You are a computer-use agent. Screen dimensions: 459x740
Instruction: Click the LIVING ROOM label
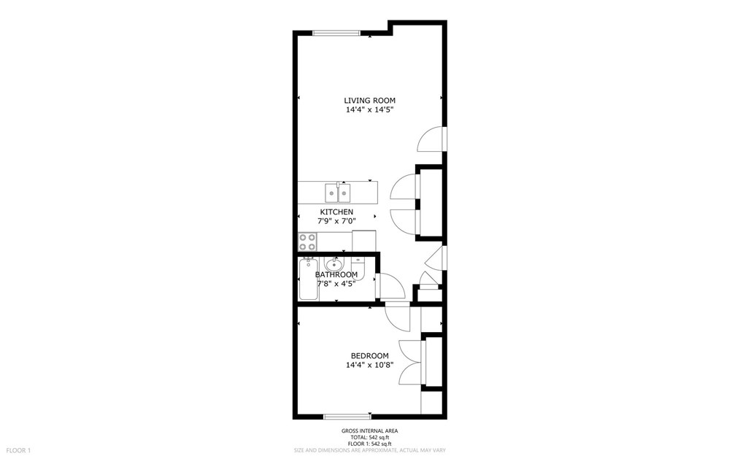[369, 101]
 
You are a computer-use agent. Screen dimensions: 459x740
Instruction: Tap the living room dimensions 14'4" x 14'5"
[369, 110]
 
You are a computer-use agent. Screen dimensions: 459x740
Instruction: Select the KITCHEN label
[336, 212]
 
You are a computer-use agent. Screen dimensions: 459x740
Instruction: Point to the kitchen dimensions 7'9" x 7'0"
[336, 221]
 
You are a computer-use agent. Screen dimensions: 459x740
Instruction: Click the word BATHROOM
[336, 274]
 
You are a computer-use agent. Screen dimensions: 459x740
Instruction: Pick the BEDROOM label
[369, 355]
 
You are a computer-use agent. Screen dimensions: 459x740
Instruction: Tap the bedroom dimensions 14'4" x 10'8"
[369, 365]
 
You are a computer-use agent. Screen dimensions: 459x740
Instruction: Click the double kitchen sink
[337, 193]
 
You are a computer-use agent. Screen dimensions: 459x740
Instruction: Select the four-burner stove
[307, 242]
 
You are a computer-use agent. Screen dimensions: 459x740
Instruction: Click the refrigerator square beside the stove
[363, 240]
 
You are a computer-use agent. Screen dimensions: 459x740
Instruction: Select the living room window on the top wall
[336, 33]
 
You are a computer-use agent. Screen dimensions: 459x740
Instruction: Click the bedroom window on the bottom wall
[347, 416]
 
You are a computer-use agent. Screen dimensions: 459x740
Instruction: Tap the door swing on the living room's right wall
[432, 139]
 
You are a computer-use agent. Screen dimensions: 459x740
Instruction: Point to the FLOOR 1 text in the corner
[18, 450]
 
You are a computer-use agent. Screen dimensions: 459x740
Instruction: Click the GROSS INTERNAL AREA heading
[369, 431]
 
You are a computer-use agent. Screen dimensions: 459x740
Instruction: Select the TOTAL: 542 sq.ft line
[369, 437]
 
